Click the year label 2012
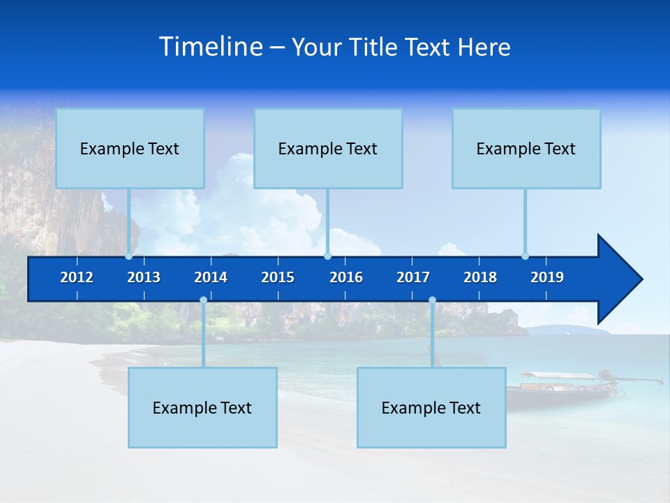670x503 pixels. (77, 277)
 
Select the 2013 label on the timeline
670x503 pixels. (144, 277)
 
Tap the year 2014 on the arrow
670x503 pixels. (211, 277)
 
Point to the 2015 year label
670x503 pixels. (278, 277)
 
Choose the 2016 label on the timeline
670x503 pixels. (346, 277)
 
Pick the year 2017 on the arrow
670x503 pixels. (413, 277)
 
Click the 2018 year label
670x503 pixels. (480, 277)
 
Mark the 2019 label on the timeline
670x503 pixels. (547, 277)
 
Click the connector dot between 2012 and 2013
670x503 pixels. (129, 256)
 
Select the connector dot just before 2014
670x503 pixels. (203, 300)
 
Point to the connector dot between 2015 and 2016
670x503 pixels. (327, 256)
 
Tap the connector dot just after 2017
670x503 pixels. (432, 300)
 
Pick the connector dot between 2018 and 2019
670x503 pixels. (525, 256)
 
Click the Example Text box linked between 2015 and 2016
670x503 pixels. (328, 149)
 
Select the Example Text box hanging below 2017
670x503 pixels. (431, 407)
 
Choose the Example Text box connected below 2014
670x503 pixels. (202, 407)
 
